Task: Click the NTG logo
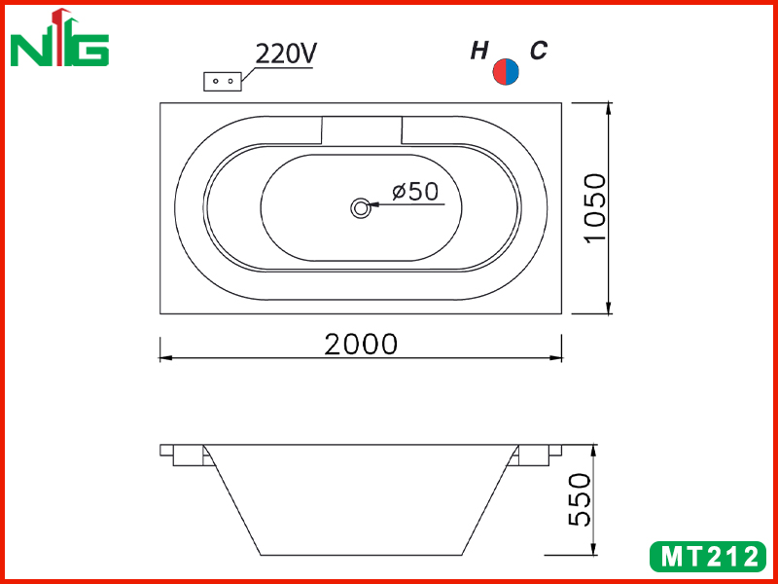click(x=59, y=38)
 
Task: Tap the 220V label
click(x=286, y=54)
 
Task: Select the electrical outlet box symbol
click(x=223, y=81)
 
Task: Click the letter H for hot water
click(x=479, y=51)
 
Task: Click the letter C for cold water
click(x=539, y=51)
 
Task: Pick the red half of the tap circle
click(x=499, y=71)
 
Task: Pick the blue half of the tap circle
click(x=513, y=71)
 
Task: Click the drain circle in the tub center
click(x=360, y=207)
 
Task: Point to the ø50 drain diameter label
click(x=415, y=191)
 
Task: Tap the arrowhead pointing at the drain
click(x=374, y=204)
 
